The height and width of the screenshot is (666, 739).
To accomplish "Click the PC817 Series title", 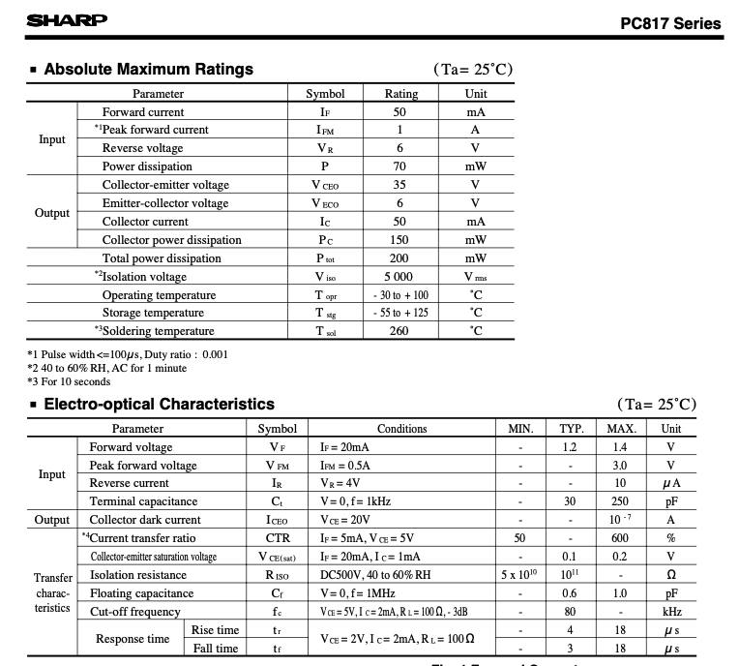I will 670,23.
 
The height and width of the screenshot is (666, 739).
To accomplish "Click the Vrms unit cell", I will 475,277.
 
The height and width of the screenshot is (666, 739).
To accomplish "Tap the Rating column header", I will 401,94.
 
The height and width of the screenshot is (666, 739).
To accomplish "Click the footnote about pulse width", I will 128,354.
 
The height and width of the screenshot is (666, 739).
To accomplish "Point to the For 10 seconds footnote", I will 69,381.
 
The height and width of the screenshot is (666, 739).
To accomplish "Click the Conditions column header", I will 401,429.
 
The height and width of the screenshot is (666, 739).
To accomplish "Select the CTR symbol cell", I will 278,538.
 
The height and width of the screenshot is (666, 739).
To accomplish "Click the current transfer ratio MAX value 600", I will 619,538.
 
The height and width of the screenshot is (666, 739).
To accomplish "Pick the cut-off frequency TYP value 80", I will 571,612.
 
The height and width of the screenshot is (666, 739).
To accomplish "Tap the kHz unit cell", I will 670,612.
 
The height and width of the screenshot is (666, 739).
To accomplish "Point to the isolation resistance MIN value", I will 520,575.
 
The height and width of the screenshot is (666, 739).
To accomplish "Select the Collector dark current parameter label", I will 144,520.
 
